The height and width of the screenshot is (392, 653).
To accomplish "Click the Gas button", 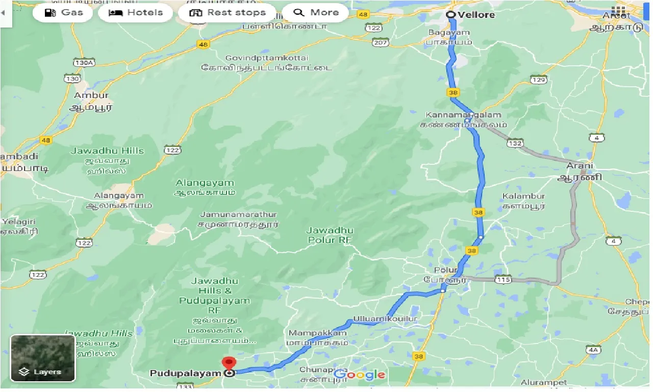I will tap(63, 13).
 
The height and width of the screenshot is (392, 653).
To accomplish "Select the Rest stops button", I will tap(228, 13).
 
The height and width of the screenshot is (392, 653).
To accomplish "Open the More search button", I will tap(315, 13).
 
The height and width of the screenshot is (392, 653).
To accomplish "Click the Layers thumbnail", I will tap(43, 358).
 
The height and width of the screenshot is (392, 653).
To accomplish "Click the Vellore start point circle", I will tap(451, 15).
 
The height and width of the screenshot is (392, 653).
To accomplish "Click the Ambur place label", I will tap(91, 95).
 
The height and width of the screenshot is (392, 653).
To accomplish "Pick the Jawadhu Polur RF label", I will tap(330, 235).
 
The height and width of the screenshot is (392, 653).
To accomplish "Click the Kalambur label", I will tap(523, 196).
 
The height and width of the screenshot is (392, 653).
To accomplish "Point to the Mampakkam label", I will tap(317, 333).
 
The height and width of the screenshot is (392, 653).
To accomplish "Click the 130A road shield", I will tap(84, 62).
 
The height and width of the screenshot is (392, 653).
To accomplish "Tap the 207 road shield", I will tap(381, 42).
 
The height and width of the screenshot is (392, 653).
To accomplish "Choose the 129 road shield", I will tap(538, 80).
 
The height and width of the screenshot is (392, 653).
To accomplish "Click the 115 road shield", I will tap(503, 279).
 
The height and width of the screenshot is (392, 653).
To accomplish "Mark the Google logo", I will tap(360, 375).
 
